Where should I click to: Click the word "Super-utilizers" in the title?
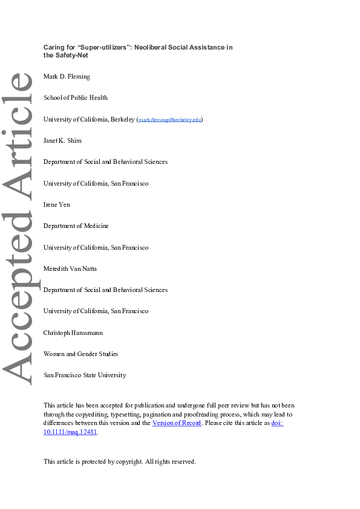pos(103,47)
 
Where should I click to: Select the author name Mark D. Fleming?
pos(65,76)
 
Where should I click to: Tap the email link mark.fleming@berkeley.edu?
pos(169,120)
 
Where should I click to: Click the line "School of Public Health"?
pos(76,97)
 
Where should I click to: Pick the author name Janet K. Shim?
pos(62,140)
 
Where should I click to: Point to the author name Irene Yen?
pos(57,204)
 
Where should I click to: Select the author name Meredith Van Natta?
pos(70,268)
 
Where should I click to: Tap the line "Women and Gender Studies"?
pos(81,354)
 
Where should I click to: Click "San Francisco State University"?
pos(85,375)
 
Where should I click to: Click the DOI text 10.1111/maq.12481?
pos(70,432)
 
